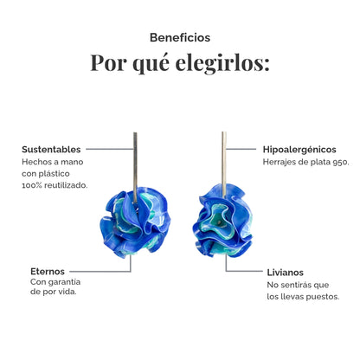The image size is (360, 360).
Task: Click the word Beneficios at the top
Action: (180, 37)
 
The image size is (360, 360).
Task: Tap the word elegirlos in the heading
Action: (222, 62)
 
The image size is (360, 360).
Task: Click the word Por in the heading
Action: (108, 62)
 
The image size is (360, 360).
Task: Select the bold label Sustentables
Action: (51, 150)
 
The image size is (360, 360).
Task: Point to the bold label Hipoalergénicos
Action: (299, 150)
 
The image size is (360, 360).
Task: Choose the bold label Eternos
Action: (48, 272)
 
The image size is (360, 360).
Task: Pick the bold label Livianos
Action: (286, 273)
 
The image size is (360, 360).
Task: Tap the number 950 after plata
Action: (340, 162)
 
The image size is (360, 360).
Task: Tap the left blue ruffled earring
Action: (135, 222)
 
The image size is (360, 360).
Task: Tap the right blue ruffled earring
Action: (222, 221)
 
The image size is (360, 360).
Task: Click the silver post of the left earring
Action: (135, 167)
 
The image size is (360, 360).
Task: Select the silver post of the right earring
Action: (224, 164)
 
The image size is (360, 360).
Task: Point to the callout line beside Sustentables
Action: (110, 149)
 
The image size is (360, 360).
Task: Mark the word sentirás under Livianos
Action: (296, 285)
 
